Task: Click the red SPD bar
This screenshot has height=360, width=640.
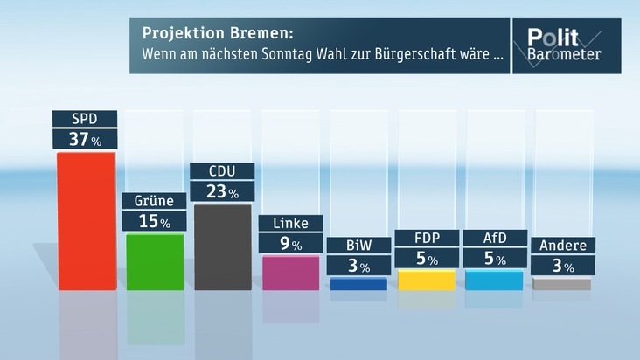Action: click(x=86, y=220)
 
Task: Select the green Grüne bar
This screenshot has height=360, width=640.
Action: click(x=155, y=261)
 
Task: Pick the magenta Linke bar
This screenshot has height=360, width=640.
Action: click(x=290, y=273)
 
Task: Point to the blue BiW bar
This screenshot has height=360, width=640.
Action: click(x=358, y=284)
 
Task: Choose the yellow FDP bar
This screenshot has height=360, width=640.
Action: click(x=427, y=280)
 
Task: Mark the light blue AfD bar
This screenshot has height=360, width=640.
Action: click(x=494, y=280)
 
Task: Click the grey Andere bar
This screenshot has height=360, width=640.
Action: click(x=562, y=284)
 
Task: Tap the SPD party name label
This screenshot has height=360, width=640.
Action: click(x=85, y=119)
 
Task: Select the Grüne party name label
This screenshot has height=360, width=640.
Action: click(x=153, y=201)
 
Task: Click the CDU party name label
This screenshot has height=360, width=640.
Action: click(x=223, y=171)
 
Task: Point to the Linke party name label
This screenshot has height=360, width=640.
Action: click(x=290, y=224)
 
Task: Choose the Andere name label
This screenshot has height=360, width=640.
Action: click(x=562, y=246)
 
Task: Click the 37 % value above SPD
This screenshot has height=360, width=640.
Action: click(x=85, y=138)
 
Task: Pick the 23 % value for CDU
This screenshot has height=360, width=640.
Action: click(x=223, y=191)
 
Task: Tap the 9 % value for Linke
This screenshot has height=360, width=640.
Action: click(x=290, y=244)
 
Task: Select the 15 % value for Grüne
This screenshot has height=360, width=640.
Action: click(x=153, y=221)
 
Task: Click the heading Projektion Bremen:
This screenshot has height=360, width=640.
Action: click(x=218, y=35)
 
